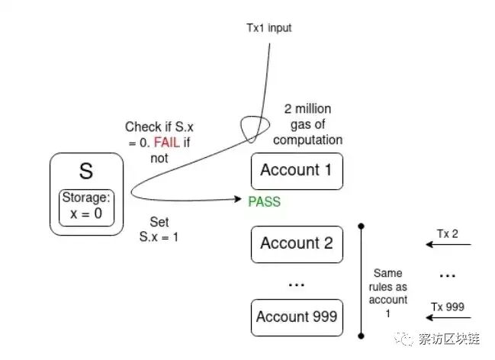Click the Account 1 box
(297, 171)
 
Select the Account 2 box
(297, 244)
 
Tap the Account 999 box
(297, 317)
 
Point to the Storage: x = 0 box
(86, 207)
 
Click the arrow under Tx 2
(449, 245)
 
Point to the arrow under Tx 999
(449, 319)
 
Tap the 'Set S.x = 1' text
(158, 230)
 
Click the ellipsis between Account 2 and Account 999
(297, 283)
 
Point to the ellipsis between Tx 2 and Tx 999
(448, 275)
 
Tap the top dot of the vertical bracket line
(360, 227)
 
